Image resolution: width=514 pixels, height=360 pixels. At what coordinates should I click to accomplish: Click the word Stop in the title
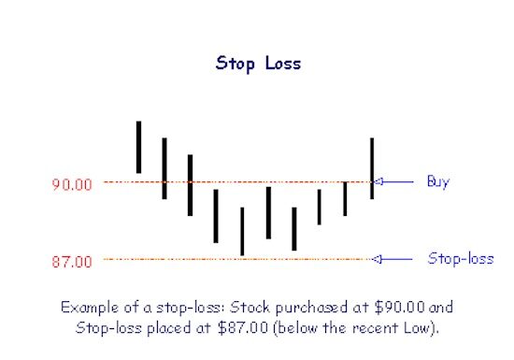pos(234,64)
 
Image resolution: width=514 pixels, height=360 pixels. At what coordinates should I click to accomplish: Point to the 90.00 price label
pos(72,184)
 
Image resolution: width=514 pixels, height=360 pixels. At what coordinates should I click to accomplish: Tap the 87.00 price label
pos(72,261)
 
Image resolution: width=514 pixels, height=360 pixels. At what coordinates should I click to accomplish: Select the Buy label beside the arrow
pos(437,181)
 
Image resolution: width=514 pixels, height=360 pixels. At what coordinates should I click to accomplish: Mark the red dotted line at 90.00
pos(234,182)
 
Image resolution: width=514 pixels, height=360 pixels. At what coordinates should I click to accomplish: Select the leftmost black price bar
pos(138,147)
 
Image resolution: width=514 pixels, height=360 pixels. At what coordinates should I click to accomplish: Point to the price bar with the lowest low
pos(242,231)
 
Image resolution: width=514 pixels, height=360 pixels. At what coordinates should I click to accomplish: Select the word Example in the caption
pos(90,307)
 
